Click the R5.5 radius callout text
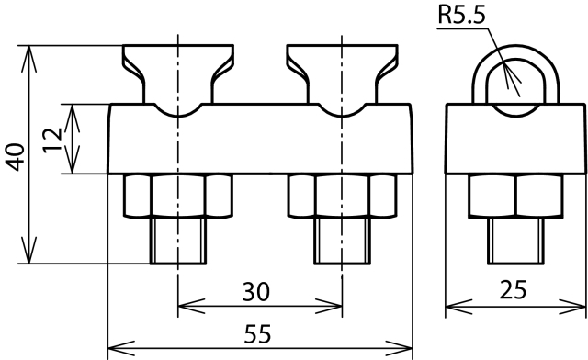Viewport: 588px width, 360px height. point(461,15)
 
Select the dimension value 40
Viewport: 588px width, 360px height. point(16,157)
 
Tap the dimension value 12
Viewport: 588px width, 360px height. point(52,140)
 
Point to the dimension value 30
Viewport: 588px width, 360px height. point(255,292)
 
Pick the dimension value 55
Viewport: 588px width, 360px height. point(257,333)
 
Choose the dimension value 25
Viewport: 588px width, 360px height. point(513,289)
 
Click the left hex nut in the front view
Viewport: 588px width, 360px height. point(178,196)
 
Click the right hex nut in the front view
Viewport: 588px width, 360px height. point(342,196)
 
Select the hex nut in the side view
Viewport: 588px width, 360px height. point(515,196)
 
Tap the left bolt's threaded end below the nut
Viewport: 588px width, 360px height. point(178,241)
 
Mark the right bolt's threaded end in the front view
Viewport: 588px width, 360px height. point(342,241)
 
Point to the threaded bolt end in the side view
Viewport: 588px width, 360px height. point(516,241)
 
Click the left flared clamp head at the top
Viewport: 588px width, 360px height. point(178,73)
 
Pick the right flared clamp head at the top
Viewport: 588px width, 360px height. point(342,73)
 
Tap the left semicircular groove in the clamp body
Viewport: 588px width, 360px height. point(178,116)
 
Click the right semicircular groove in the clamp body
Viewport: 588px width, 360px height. point(342,116)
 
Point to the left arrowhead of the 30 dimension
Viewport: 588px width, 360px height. point(191,307)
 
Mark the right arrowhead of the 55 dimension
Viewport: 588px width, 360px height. point(399,348)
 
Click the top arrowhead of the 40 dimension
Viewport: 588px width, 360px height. point(28,58)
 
